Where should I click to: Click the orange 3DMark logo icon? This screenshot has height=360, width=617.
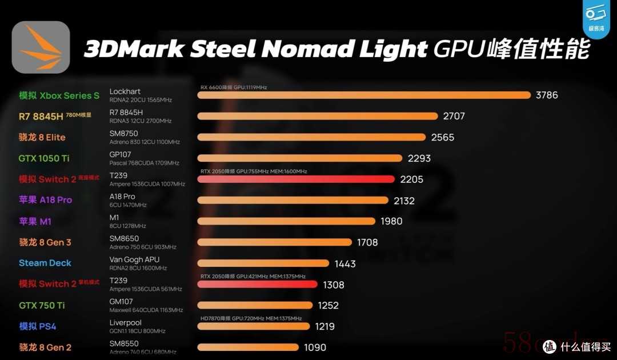[41, 47]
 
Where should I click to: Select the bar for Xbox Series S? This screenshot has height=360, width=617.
[364, 95]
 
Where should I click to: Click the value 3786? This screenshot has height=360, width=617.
[547, 95]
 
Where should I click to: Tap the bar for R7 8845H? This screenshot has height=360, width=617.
[318, 116]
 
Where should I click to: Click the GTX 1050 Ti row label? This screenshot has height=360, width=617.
[44, 158]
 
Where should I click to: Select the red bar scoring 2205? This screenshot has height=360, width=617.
[296, 179]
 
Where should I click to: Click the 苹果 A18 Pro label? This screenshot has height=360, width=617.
[45, 200]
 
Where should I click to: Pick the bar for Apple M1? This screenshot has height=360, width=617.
[286, 221]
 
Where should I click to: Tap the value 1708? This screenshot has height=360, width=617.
[367, 242]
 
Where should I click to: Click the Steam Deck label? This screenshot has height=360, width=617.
[45, 263]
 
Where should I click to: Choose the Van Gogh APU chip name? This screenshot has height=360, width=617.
[135, 259]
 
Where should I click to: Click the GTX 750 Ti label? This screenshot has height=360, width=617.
[42, 305]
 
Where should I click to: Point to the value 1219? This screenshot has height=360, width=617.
[324, 326]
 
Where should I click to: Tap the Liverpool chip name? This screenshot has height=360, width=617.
[125, 323]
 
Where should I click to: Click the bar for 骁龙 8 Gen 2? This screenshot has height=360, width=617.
[248, 347]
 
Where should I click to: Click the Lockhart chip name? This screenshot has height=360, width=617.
[125, 91]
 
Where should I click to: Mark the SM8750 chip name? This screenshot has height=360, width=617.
[123, 134]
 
